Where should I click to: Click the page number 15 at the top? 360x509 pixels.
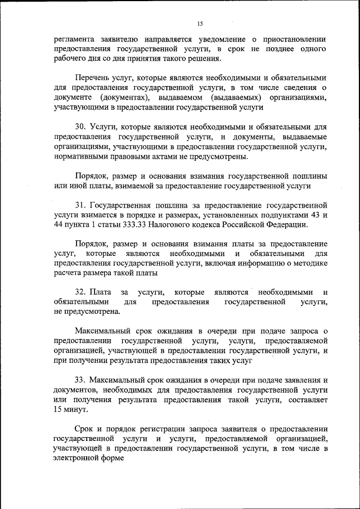tap(200, 24)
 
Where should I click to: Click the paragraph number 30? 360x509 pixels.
tap(80, 127)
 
